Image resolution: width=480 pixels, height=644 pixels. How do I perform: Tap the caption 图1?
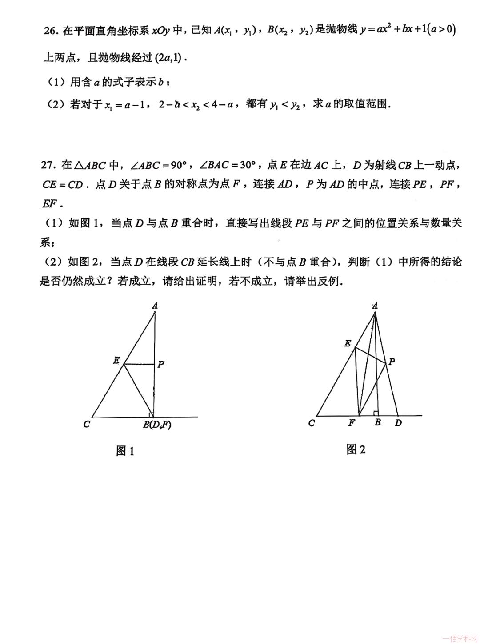pyautogui.click(x=125, y=451)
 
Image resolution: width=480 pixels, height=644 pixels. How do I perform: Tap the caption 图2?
pyautogui.click(x=356, y=449)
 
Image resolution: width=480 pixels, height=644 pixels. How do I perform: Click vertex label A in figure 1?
pyautogui.click(x=155, y=306)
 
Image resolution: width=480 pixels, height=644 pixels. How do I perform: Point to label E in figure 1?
pyautogui.click(x=116, y=361)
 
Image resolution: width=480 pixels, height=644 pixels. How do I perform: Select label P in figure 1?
pyautogui.click(x=161, y=364)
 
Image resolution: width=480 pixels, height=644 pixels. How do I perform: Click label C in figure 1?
pyautogui.click(x=87, y=424)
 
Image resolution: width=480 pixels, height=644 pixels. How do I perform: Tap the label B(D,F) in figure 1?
pyautogui.click(x=157, y=425)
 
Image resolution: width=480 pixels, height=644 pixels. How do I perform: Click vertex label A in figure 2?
pyautogui.click(x=375, y=306)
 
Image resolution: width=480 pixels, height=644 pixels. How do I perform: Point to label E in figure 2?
pyautogui.click(x=348, y=343)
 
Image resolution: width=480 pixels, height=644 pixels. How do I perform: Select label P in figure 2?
pyautogui.click(x=392, y=362)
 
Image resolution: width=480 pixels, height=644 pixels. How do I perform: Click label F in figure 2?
pyautogui.click(x=352, y=423)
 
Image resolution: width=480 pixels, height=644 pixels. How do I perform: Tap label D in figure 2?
pyautogui.click(x=398, y=423)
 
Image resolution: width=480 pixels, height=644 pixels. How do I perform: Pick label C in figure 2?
pyautogui.click(x=312, y=423)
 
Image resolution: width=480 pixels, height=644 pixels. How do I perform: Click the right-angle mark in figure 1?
pyautogui.click(x=151, y=414)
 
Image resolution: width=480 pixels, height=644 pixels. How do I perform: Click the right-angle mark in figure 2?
pyautogui.click(x=376, y=413)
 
